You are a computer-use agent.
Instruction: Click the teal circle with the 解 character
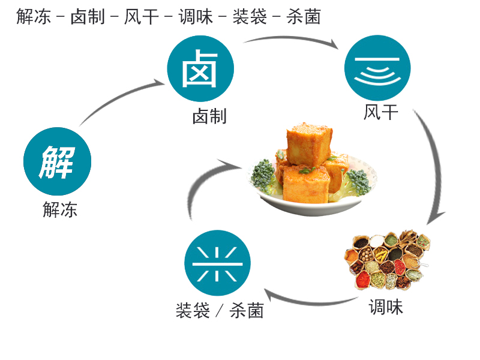tap(57, 161)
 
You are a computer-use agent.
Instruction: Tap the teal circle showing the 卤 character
tap(200, 68)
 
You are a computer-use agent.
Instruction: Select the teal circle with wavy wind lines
tap(377, 68)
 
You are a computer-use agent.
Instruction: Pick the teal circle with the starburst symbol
tap(217, 263)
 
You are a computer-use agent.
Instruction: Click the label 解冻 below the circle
tap(59, 209)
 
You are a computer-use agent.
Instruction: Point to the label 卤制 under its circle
tap(209, 116)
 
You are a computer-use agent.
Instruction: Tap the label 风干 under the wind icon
tap(381, 112)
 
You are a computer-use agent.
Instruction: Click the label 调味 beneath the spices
tap(386, 307)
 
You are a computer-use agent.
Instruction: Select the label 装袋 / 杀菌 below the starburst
tap(220, 310)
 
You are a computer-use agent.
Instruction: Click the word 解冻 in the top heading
tap(34, 16)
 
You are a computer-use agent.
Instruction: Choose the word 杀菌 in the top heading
tap(304, 16)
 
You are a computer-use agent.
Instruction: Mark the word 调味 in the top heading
tap(196, 16)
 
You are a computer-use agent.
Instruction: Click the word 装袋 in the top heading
tap(250, 16)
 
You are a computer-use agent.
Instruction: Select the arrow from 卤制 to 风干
tap(291, 38)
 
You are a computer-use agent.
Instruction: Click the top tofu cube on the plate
tap(309, 144)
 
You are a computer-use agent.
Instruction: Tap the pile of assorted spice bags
tap(387, 260)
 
